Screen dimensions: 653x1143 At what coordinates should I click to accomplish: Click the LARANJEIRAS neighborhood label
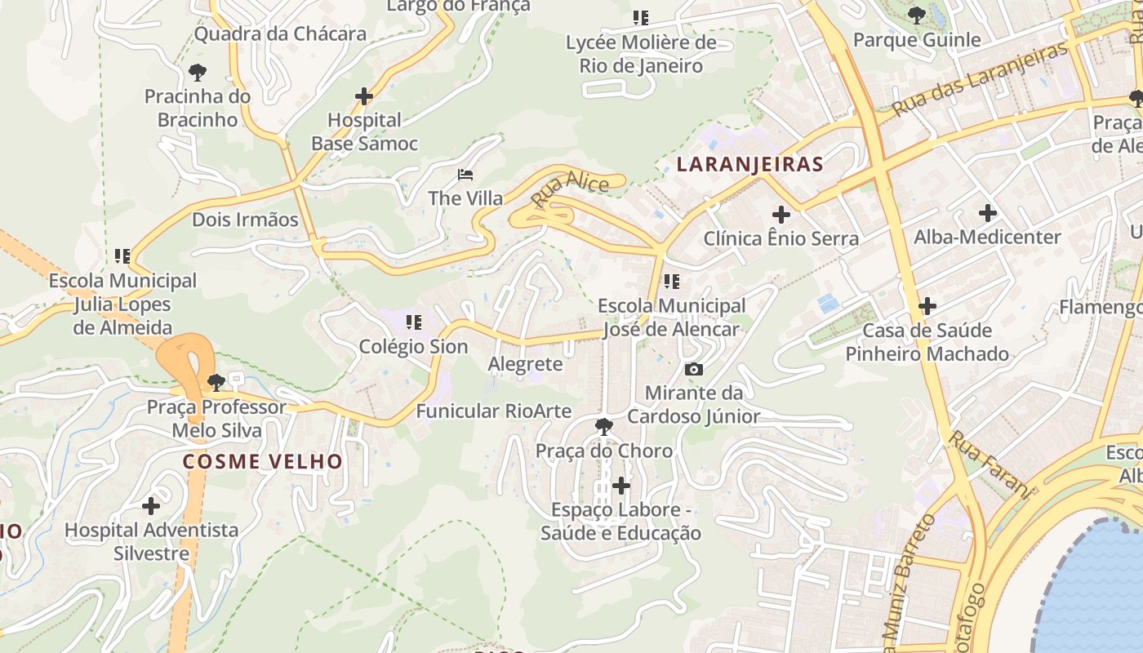749,164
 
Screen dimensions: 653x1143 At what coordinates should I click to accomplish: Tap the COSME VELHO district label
262,461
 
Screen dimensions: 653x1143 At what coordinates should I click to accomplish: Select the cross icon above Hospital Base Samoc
364,97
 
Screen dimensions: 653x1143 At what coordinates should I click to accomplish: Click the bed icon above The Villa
465,175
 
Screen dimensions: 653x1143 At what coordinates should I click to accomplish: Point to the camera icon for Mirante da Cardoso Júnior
694,370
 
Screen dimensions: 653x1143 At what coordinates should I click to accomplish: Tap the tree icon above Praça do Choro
604,425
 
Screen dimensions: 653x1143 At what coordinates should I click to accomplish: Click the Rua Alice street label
569,189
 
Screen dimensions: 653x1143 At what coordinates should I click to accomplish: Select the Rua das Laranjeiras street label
979,79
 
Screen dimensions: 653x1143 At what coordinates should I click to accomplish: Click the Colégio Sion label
413,347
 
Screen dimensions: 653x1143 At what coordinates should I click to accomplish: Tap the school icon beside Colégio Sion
413,322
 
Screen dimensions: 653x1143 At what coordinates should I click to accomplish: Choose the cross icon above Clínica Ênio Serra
781,215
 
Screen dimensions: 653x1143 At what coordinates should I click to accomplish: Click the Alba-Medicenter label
987,238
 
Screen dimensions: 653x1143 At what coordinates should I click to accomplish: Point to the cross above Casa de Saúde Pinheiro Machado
927,307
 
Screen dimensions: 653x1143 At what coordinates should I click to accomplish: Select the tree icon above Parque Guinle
916,16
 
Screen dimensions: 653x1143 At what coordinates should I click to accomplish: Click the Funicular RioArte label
493,411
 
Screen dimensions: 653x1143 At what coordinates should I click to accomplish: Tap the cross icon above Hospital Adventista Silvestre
151,506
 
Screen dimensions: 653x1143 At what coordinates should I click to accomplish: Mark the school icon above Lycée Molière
641,17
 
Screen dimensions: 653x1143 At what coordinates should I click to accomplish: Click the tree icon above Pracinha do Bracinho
197,72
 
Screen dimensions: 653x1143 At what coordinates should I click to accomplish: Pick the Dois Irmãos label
245,220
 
